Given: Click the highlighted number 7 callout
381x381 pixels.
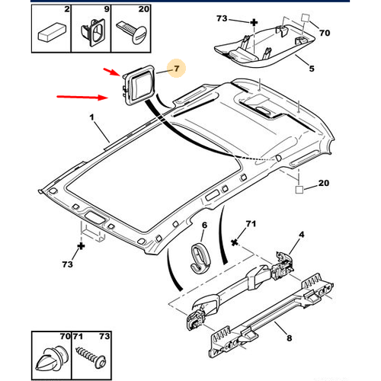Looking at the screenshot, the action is tap(177, 69).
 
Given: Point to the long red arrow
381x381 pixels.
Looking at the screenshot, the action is tap(82, 97).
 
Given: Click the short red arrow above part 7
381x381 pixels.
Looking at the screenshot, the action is tap(111, 72).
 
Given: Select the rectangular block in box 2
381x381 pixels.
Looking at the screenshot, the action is tap(53, 33).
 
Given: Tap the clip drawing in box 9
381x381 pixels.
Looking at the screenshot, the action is tap(93, 32).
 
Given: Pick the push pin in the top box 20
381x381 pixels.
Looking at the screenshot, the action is tap(132, 31).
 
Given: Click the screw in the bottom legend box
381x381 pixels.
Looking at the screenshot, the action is tap(91, 357).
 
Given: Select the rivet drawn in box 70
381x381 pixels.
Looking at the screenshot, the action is tap(52, 358).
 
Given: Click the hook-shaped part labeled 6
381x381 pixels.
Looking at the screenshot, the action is tap(200, 258).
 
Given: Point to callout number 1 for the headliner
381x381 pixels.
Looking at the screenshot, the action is tap(92, 117).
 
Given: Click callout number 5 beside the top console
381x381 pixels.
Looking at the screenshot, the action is tap(312, 69).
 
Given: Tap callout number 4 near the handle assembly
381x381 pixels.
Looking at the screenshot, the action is tap(301, 234).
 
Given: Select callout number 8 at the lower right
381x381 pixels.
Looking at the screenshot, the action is tap(290, 338).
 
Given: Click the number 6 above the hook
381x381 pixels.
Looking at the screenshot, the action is tap(204, 225).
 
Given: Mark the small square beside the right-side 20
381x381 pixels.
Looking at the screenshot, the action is tap(299, 190).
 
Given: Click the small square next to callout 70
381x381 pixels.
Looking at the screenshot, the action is tap(305, 18).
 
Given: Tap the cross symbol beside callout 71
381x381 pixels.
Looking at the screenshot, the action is tap(235, 242).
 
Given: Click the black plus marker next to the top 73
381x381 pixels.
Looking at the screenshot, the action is tap(254, 23).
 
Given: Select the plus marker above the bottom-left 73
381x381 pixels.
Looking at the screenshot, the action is tap(81, 246).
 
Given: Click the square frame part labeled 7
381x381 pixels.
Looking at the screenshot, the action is tap(138, 85).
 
